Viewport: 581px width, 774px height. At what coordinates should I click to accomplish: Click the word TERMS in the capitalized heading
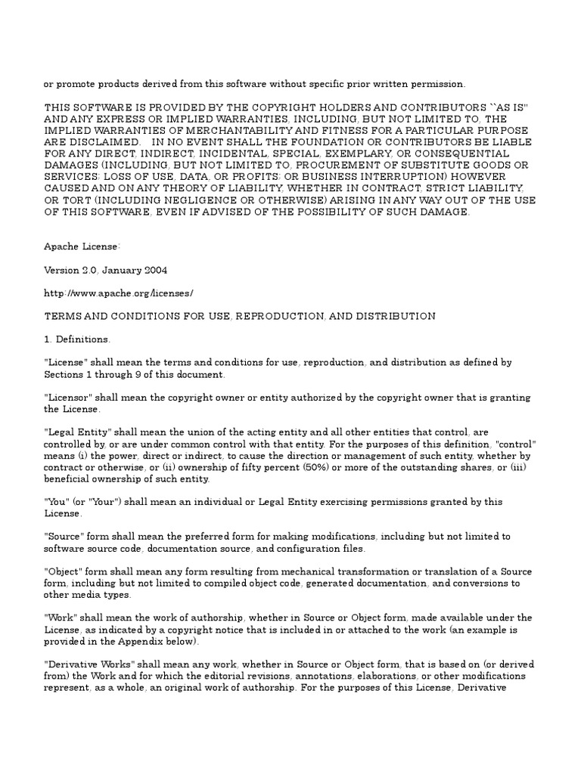pyautogui.click(x=64, y=315)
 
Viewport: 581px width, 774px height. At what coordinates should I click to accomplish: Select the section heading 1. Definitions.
pyautogui.click(x=77, y=339)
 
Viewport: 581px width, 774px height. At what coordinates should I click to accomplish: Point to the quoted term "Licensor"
pyautogui.click(x=67, y=398)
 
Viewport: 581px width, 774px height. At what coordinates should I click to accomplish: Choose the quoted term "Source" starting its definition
pyautogui.click(x=64, y=537)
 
